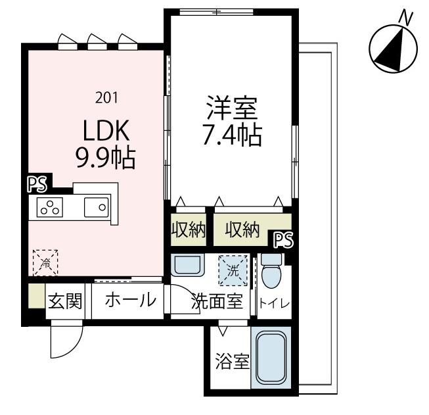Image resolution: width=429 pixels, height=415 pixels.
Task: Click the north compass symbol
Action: [392, 49]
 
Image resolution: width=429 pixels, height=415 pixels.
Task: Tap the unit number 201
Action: [106, 98]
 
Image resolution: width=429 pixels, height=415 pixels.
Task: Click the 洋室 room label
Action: [232, 107]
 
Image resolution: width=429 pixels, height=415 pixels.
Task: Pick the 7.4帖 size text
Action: [232, 136]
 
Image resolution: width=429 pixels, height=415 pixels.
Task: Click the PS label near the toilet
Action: [283, 240]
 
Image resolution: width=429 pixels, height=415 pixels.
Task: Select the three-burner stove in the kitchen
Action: [50, 207]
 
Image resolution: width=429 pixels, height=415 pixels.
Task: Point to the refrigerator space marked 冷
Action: [45, 262]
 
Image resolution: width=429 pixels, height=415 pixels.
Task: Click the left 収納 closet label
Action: [189, 230]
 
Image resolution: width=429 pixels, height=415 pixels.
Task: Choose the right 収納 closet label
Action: [242, 230]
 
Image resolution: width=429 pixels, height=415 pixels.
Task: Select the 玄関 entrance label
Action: [66, 301]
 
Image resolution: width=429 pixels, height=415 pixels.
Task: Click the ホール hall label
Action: [130, 301]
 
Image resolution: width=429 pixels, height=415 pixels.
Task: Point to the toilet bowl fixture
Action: [271, 272]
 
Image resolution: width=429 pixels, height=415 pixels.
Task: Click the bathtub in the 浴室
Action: [271, 359]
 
